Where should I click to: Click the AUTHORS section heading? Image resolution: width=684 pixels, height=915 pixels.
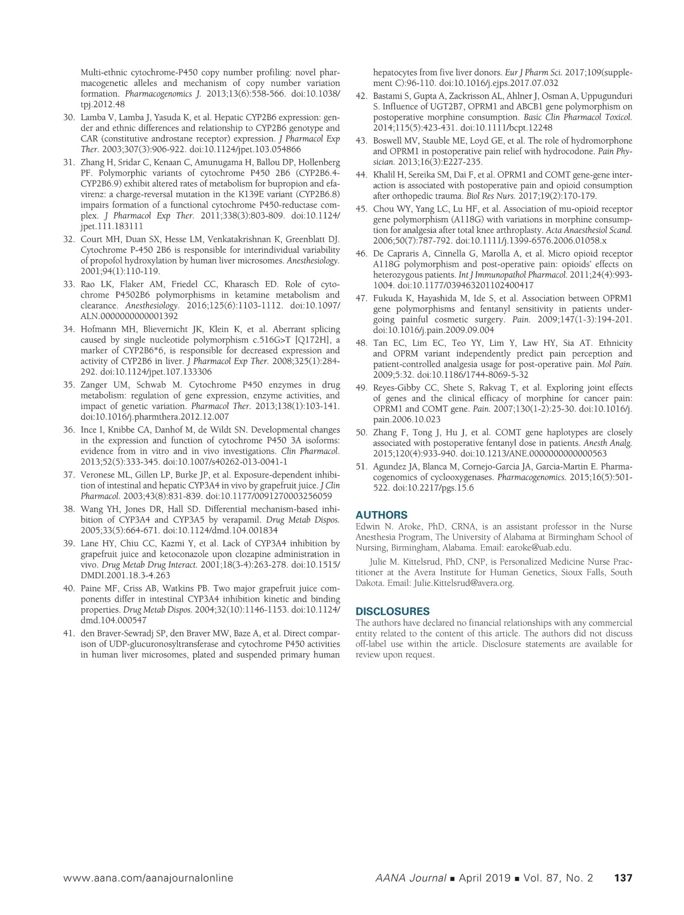(381, 515)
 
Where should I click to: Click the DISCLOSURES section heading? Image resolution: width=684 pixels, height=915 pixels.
(393, 611)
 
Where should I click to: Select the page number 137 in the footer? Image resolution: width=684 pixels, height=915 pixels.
(623, 878)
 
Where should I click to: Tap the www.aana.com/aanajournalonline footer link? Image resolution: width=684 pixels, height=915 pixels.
(148, 878)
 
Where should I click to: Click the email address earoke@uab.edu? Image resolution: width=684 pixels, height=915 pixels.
(538, 548)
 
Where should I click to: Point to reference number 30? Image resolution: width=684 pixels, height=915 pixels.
(69, 117)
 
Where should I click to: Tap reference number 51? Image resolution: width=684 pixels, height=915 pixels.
(361, 466)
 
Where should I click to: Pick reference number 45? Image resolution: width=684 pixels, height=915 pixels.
(361, 209)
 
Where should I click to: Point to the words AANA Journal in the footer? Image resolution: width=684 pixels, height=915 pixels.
(410, 878)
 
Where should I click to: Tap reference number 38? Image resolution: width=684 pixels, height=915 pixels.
(69, 509)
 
